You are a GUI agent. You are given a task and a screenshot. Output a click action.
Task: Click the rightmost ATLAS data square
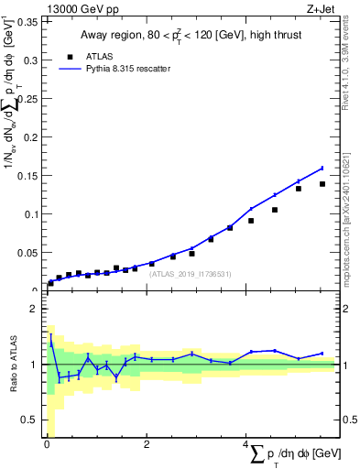322,184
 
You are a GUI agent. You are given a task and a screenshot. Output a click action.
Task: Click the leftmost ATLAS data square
50,283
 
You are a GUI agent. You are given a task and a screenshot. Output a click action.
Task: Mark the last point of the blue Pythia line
322,168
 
